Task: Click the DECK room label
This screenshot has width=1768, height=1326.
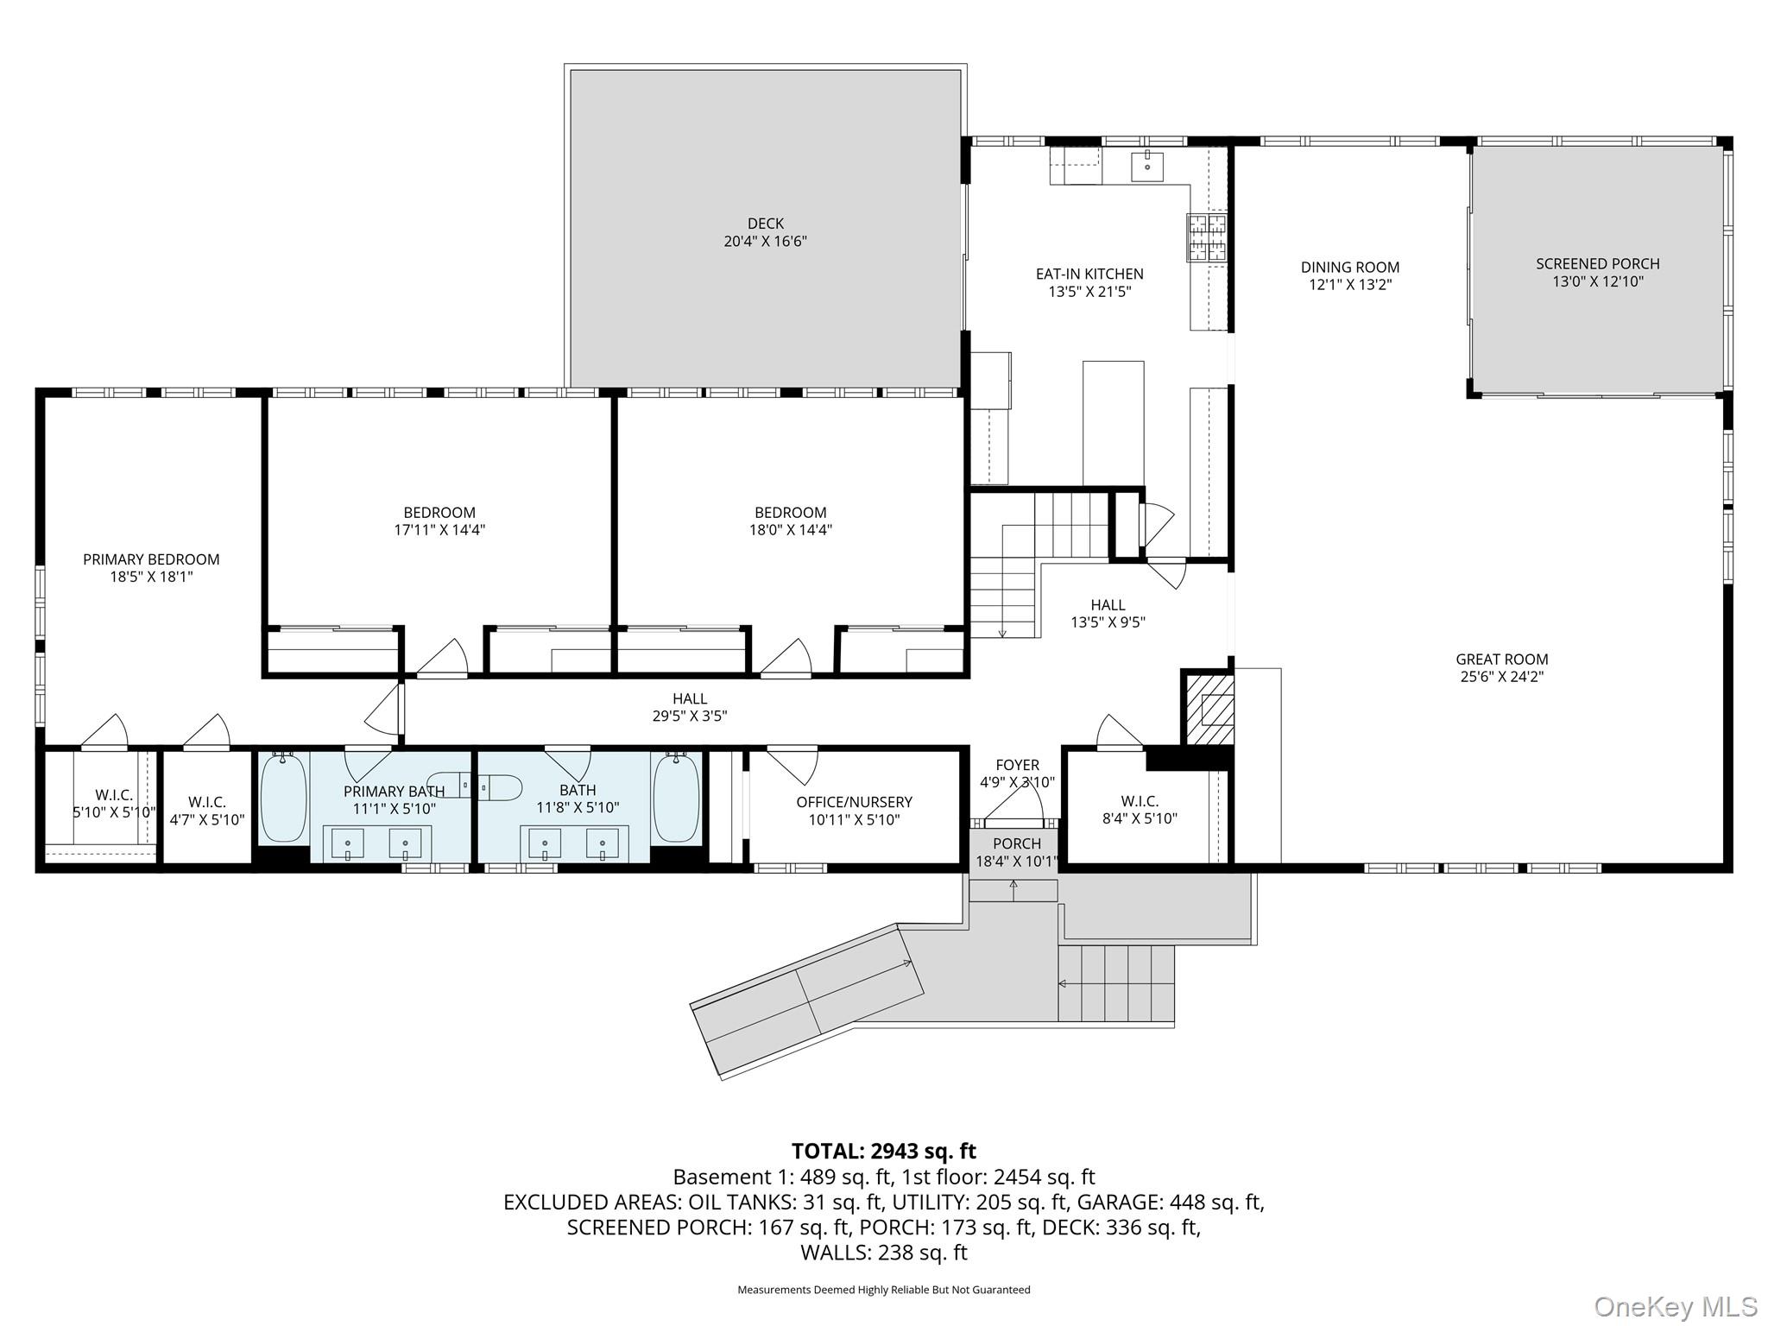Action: coord(765,224)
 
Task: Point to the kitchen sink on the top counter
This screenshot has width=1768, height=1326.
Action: coord(1147,165)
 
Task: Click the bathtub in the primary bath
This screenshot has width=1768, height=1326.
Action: coord(283,797)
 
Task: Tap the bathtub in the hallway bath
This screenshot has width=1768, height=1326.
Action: coord(676,797)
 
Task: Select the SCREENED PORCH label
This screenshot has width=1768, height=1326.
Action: coord(1597,263)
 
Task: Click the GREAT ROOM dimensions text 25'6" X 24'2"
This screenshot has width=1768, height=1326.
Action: coord(1501,677)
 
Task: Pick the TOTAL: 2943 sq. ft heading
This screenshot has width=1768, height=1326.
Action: coord(883,1151)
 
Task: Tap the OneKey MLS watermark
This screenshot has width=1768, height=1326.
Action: coord(1675,1306)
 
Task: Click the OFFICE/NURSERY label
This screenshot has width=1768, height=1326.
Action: coord(854,802)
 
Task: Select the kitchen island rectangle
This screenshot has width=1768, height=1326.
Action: coord(1113,423)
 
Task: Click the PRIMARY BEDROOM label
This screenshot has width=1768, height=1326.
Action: coord(151,559)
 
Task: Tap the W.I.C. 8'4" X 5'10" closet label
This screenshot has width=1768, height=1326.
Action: coord(1140,802)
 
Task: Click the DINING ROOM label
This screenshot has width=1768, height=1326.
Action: coord(1350,267)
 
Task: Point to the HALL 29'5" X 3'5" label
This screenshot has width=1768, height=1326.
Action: coord(690,706)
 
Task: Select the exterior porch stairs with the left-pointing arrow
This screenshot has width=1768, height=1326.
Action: coord(1117,983)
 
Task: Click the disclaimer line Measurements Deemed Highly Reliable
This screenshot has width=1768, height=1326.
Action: coord(883,1290)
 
